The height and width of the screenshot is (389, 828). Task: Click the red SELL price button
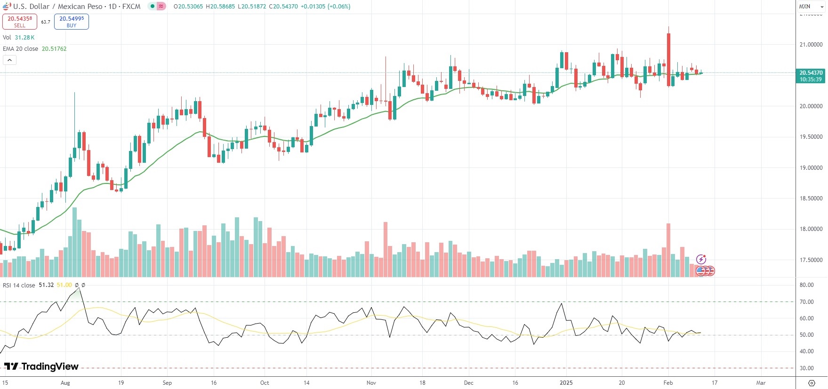[x=20, y=22]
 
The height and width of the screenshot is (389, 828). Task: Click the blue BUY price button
[x=72, y=22]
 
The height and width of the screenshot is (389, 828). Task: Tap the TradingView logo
[x=41, y=366]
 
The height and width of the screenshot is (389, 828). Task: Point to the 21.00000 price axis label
[x=811, y=45]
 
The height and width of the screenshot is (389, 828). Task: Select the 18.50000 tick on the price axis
[x=811, y=198]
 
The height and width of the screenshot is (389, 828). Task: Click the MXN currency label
[x=804, y=7]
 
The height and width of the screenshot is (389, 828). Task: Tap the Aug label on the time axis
[x=65, y=383]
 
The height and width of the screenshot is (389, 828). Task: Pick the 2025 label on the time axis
[x=566, y=383]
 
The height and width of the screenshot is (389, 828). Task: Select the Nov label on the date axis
[x=371, y=383]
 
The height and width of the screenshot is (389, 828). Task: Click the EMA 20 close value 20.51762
[x=54, y=49]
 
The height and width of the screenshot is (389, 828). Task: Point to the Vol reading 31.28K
[x=24, y=38]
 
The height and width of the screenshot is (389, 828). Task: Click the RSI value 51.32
[x=46, y=285]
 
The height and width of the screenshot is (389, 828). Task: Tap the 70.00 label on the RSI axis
[x=806, y=302]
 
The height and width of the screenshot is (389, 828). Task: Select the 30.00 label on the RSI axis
[x=806, y=368]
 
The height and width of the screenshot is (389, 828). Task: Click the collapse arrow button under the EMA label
[x=9, y=60]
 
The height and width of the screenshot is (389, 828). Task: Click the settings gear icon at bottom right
[x=812, y=383]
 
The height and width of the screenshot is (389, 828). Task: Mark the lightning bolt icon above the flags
[x=701, y=259]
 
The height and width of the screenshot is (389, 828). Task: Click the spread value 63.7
[x=46, y=22]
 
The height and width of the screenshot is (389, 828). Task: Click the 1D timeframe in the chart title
[x=113, y=7]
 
